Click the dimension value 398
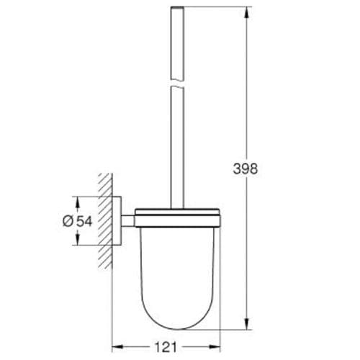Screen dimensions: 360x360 (246, 169)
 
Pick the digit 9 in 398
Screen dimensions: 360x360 (246, 169)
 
